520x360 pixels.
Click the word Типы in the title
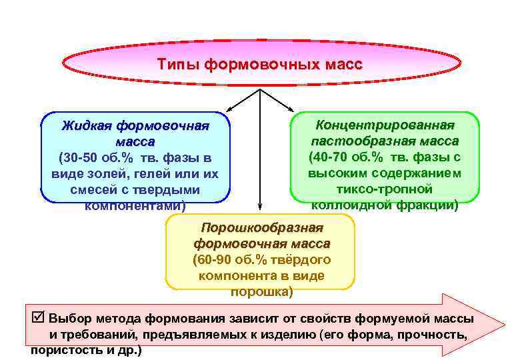pos(177,65)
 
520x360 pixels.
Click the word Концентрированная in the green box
pos(385,125)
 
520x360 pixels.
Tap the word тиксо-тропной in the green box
pos(384,189)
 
